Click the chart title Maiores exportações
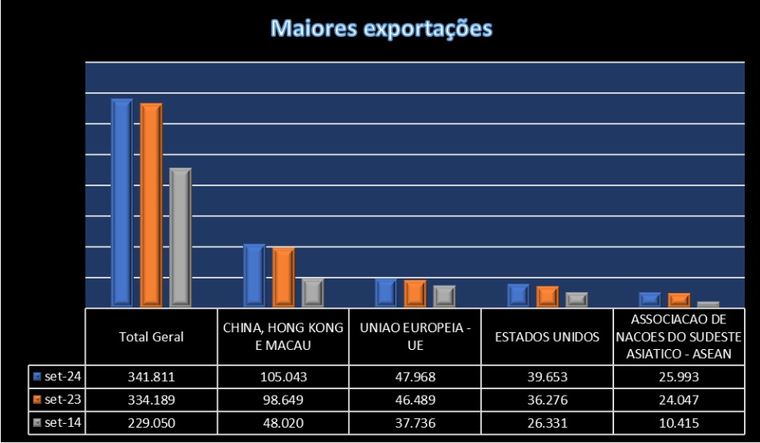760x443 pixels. tap(381, 29)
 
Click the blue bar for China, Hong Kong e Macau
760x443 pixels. tap(254, 274)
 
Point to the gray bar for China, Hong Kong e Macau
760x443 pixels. tap(312, 291)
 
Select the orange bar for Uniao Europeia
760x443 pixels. tap(415, 293)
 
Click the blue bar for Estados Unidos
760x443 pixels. tap(518, 295)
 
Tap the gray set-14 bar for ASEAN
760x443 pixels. tap(708, 304)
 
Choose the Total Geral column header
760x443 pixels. tap(151, 337)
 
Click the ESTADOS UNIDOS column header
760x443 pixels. tap(547, 337)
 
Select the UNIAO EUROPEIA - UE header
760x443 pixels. tap(414, 337)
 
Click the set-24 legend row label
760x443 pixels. tap(63, 376)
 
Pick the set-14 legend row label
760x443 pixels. tap(63, 422)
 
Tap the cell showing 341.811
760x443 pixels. tap(151, 376)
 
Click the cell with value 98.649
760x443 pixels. tap(283, 399)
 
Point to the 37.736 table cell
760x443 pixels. tap(414, 422)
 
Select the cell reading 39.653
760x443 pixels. tap(547, 376)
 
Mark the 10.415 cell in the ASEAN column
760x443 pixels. tap(679, 422)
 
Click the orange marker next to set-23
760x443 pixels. tap(38, 399)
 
